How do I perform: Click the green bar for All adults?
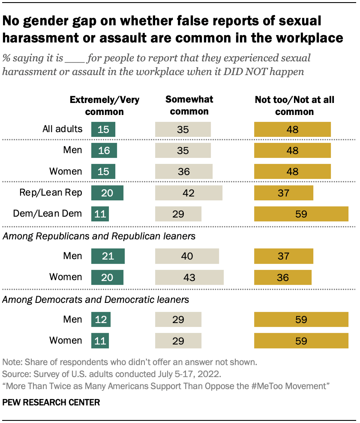(103, 129)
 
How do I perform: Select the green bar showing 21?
(108, 256)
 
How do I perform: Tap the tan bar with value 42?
(189, 193)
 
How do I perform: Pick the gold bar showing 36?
(283, 277)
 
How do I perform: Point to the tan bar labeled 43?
(189, 277)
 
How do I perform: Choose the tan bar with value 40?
(187, 256)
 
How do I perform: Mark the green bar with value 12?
(101, 319)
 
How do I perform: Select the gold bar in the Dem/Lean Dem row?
(301, 214)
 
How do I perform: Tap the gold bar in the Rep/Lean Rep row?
(284, 193)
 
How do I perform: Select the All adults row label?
(62, 129)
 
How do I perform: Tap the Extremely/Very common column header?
(105, 106)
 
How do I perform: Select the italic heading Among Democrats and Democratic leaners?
(96, 299)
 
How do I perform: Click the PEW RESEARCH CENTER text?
(51, 402)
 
